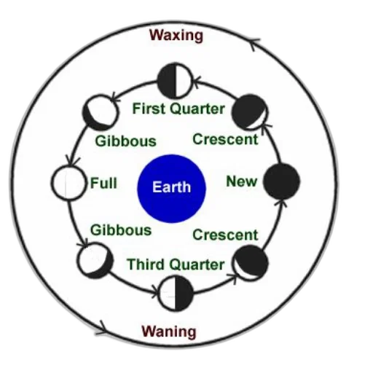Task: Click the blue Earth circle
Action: click(x=172, y=189)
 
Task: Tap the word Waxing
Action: click(x=176, y=36)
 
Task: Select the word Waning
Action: click(x=169, y=331)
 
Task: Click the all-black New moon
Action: click(x=282, y=181)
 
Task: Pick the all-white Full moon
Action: click(x=69, y=183)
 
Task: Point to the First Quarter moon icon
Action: click(x=176, y=81)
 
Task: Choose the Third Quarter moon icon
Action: click(x=176, y=294)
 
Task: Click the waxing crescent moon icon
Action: click(x=250, y=112)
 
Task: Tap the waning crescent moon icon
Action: click(x=251, y=263)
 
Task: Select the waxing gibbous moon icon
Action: click(x=101, y=112)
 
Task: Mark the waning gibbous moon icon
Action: click(x=95, y=260)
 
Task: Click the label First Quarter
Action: click(x=178, y=109)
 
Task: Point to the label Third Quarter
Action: click(x=176, y=264)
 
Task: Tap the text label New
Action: click(x=241, y=181)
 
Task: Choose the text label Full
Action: click(x=103, y=183)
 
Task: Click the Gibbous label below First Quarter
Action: click(x=125, y=141)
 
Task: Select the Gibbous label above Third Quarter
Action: click(x=121, y=230)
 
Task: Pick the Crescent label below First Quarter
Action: click(x=225, y=139)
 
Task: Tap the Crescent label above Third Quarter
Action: click(x=225, y=235)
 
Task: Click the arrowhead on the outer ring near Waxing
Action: click(x=254, y=43)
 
